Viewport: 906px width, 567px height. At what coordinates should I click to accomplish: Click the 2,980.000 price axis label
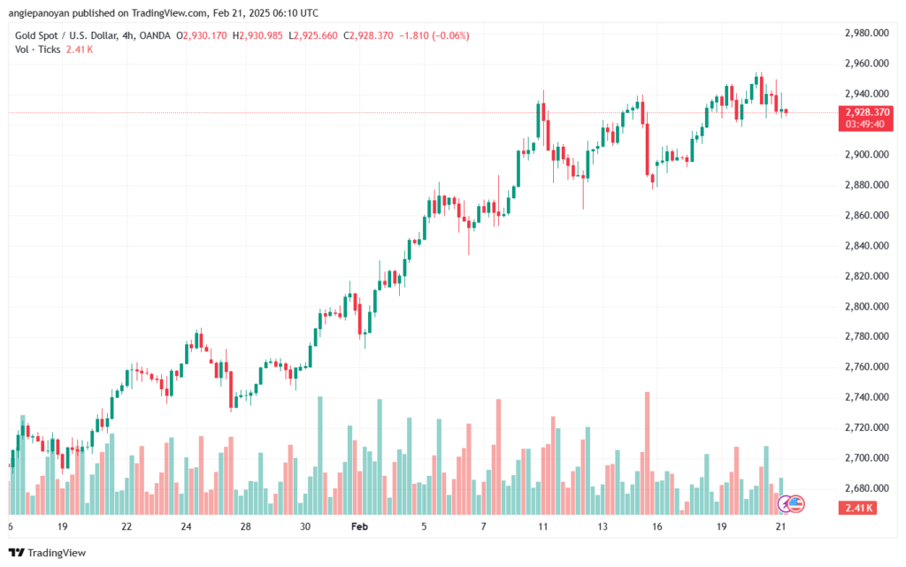pos(867,33)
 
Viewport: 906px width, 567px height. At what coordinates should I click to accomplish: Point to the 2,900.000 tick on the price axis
pos(867,155)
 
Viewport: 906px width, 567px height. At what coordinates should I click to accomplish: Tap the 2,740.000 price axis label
pos(867,397)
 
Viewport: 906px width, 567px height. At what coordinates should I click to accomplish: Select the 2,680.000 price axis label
pos(867,488)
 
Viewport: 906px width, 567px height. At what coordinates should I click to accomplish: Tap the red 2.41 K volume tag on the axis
pos(857,508)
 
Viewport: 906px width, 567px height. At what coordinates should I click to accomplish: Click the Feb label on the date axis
pos(359,526)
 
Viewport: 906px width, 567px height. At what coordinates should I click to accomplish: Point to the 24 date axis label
pos(186,526)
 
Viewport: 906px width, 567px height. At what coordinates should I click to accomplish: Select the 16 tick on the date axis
pos(657,526)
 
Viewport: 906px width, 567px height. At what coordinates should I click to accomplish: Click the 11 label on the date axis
pos(542,526)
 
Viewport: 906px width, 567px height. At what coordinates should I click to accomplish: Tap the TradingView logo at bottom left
pos(48,553)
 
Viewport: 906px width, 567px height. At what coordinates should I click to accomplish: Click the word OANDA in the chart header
pos(155,35)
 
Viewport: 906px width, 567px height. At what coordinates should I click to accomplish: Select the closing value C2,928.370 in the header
pos(368,35)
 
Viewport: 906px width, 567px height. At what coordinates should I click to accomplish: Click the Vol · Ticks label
pos(37,50)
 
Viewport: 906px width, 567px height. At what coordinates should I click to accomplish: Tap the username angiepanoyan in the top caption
pos(39,13)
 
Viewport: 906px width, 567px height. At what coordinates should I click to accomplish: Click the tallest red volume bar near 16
pos(647,453)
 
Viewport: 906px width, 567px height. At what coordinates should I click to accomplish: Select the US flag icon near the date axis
pos(795,504)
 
